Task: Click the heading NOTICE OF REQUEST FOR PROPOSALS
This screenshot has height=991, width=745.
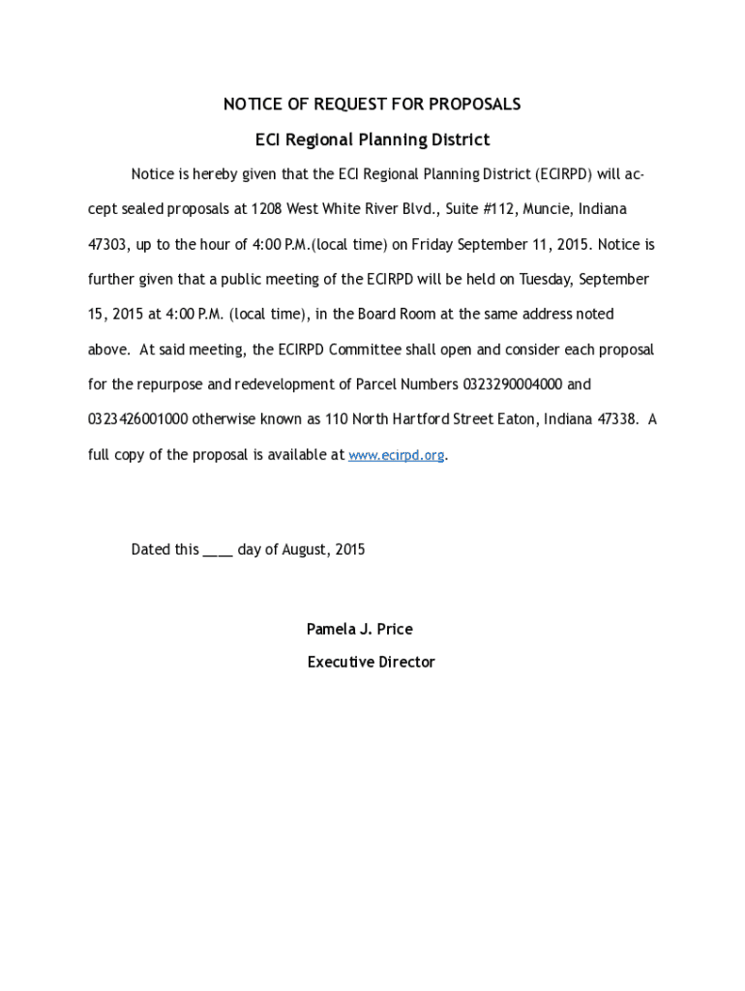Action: (x=372, y=105)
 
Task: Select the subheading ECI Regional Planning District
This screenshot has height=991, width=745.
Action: (x=372, y=140)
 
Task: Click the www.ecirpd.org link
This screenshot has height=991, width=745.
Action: (x=396, y=455)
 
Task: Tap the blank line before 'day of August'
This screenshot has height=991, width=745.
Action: (x=218, y=551)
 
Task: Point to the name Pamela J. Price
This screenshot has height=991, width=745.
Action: (x=360, y=630)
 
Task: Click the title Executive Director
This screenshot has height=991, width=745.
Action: (x=372, y=663)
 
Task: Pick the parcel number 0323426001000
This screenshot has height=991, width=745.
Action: (x=138, y=420)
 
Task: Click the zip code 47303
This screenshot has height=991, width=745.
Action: (x=108, y=245)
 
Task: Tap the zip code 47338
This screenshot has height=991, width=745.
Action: (x=619, y=420)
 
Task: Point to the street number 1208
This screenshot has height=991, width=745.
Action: (x=267, y=209)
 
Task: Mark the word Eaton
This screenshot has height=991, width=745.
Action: (x=517, y=420)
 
